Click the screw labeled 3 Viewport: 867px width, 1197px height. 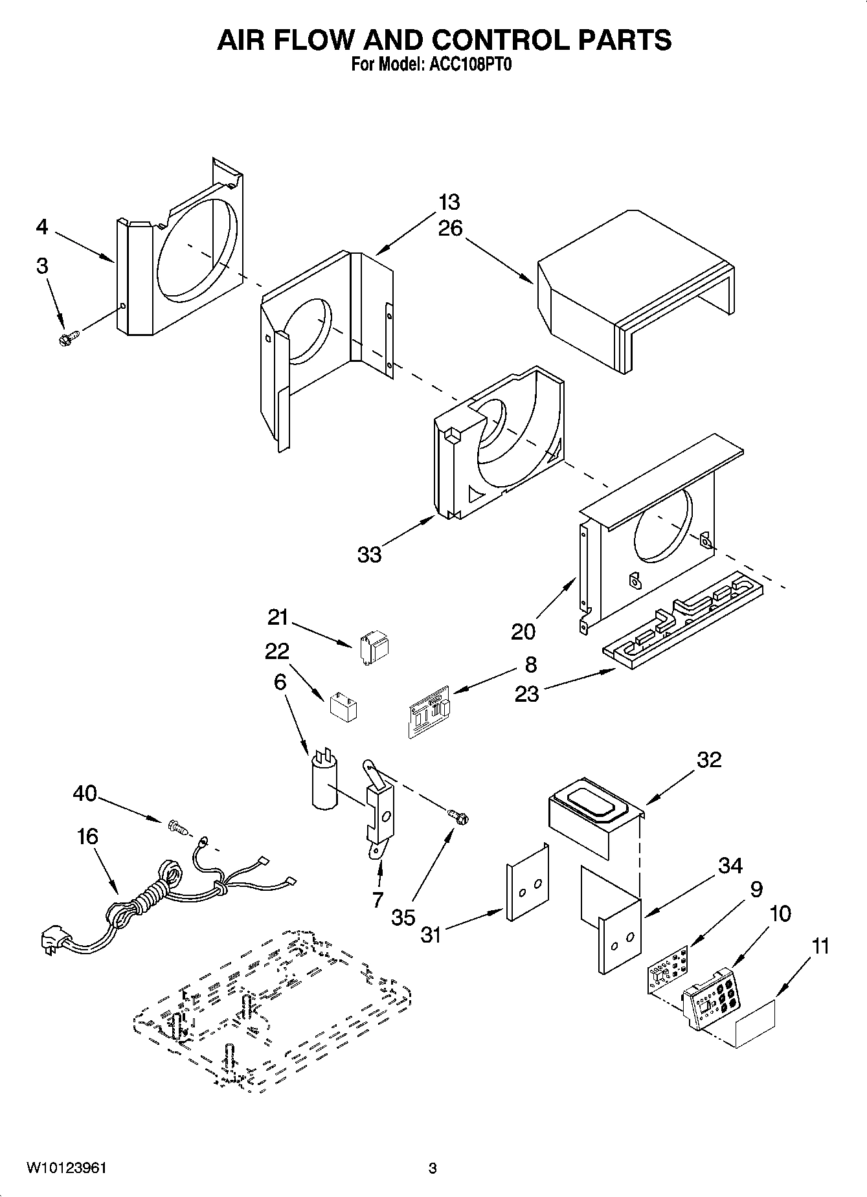pyautogui.click(x=69, y=339)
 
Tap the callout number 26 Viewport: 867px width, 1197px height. pyautogui.click(x=450, y=229)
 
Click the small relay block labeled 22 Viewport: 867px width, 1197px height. pyautogui.click(x=343, y=706)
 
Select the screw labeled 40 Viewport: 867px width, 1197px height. pyautogui.click(x=176, y=826)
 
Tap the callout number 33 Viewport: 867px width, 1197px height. pyautogui.click(x=370, y=555)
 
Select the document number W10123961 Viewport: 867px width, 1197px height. pyautogui.click(x=66, y=1168)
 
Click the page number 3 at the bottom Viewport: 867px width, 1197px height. pyautogui.click(x=433, y=1169)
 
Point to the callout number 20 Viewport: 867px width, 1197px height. pyautogui.click(x=523, y=631)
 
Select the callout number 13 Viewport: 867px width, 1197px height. pyautogui.click(x=449, y=202)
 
